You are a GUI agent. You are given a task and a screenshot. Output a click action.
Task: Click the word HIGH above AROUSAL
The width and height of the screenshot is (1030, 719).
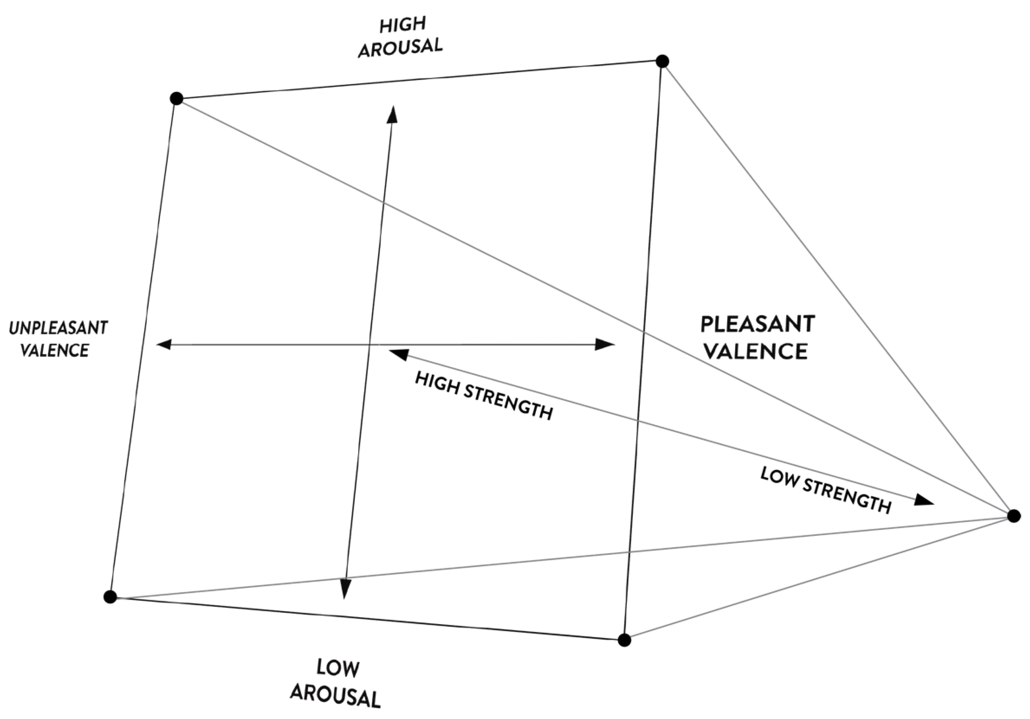click(x=403, y=25)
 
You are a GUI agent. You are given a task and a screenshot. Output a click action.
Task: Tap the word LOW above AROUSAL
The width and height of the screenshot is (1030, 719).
click(x=338, y=668)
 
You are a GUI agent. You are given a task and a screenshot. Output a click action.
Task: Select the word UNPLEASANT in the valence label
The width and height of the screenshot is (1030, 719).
click(x=58, y=328)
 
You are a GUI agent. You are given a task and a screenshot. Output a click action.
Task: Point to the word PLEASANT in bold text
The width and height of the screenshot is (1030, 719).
click(x=758, y=324)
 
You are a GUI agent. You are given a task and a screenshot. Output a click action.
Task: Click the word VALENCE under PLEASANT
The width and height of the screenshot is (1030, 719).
click(x=756, y=351)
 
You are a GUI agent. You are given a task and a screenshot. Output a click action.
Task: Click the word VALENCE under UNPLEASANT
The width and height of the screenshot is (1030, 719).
click(x=55, y=350)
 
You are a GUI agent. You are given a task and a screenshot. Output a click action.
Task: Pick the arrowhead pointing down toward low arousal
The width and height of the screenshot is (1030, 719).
click(x=345, y=589)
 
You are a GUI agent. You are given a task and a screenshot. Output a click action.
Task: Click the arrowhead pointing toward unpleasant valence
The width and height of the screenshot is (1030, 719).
click(x=163, y=344)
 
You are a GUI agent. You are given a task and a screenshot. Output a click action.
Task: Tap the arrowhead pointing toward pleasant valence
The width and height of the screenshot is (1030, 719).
click(x=604, y=344)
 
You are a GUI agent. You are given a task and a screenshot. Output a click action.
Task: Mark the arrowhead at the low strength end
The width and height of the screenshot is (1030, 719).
click(x=924, y=500)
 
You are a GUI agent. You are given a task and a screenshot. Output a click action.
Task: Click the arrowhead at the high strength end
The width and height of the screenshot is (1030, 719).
click(x=398, y=354)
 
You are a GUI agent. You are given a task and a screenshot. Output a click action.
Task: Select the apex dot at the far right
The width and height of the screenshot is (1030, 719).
click(x=1014, y=516)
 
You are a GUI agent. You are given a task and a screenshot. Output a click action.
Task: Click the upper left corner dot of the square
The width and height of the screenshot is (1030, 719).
click(x=177, y=99)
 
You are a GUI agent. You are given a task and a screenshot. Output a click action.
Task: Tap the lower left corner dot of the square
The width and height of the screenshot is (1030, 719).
click(x=110, y=597)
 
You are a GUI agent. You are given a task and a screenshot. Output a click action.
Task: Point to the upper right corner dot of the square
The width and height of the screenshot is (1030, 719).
click(x=662, y=61)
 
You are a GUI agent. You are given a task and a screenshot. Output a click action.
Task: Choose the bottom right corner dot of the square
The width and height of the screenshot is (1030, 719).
click(x=624, y=640)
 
